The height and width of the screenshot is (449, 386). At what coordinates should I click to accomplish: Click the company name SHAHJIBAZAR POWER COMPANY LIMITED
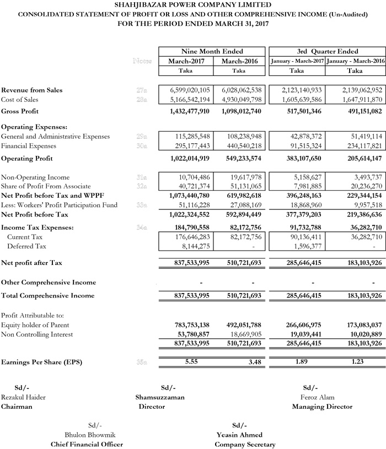click(x=192, y=4)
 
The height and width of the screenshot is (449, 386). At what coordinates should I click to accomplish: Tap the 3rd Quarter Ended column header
click(x=328, y=51)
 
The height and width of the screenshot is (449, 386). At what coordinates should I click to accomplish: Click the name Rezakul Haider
click(x=24, y=397)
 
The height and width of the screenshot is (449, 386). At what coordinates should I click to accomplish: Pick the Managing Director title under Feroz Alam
click(x=322, y=407)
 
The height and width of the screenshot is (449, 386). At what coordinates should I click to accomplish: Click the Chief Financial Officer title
click(x=87, y=444)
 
